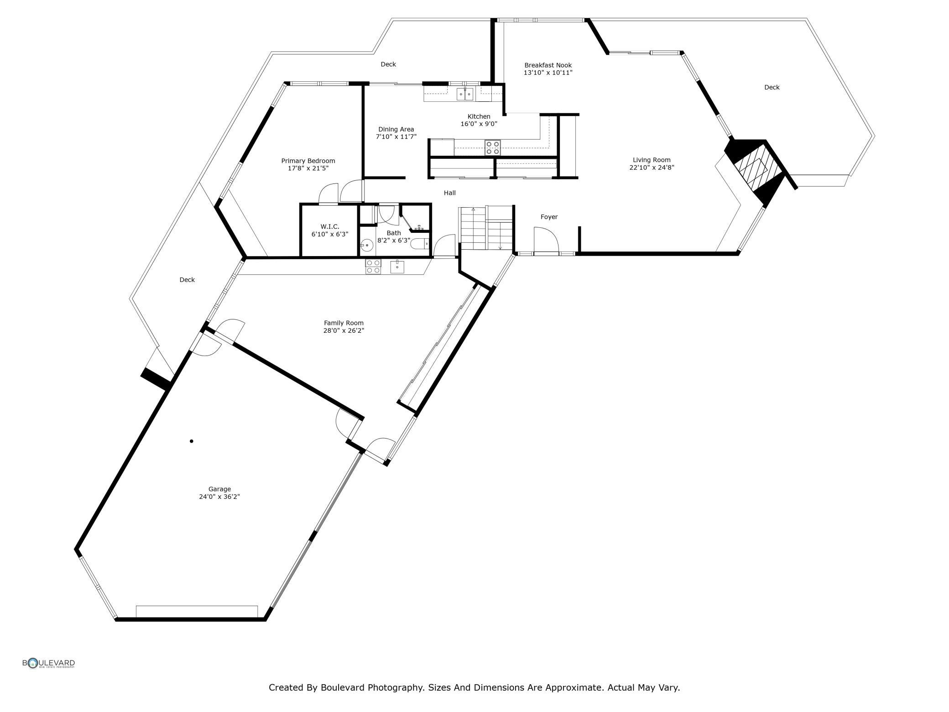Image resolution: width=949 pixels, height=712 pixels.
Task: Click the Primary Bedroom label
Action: pos(308,161)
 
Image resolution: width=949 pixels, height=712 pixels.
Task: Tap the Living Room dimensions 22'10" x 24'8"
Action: pos(652,168)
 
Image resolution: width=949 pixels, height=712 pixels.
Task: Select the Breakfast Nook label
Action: pos(548,65)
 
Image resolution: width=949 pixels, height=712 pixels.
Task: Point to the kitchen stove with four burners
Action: pos(493,147)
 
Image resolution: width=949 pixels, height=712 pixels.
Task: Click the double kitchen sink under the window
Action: pos(465,94)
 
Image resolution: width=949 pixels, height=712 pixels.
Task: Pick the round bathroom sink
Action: pos(366,246)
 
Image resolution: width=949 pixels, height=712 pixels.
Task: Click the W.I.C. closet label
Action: pos(329,227)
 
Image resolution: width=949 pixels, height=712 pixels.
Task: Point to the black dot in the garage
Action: pos(192,441)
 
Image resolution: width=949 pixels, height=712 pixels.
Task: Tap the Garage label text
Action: pos(219,489)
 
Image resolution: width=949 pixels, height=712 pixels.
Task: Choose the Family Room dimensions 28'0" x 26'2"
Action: pos(344,330)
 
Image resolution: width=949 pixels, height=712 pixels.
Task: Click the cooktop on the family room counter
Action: pos(373,267)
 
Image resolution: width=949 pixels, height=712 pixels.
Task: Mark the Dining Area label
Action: pos(396,129)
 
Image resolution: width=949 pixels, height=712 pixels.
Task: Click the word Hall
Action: pos(450,193)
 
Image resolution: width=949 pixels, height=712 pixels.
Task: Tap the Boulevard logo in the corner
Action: pos(49,663)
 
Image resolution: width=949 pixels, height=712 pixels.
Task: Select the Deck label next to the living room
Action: pos(772,87)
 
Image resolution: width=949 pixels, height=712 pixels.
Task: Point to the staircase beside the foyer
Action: pos(486,228)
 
